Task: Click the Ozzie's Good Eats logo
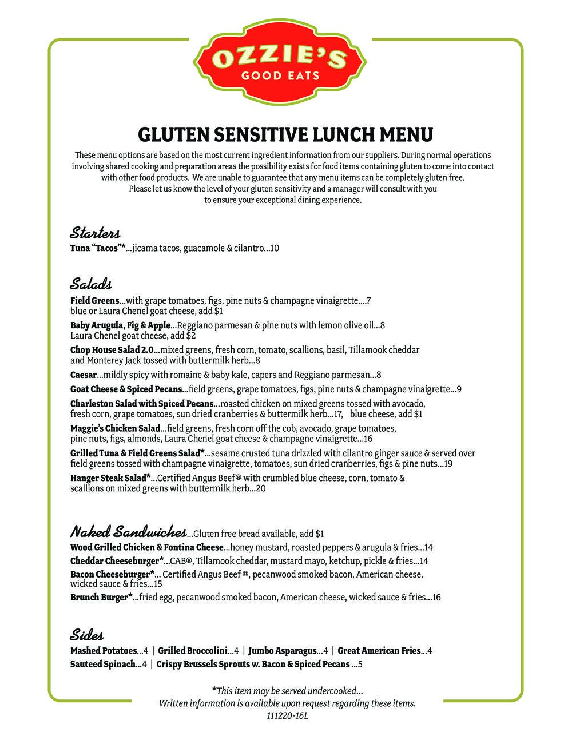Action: (x=280, y=63)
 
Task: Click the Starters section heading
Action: (x=95, y=233)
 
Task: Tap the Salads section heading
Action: (x=91, y=284)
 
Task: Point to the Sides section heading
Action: (x=87, y=634)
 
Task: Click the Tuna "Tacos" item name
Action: (x=97, y=248)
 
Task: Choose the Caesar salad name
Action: (x=84, y=375)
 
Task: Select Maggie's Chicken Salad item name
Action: (x=114, y=428)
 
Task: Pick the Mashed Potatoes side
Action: (x=103, y=651)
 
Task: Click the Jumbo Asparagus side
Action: (x=283, y=651)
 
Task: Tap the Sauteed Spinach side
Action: (x=102, y=665)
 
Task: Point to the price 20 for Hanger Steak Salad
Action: (x=261, y=489)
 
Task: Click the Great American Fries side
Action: (x=379, y=651)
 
